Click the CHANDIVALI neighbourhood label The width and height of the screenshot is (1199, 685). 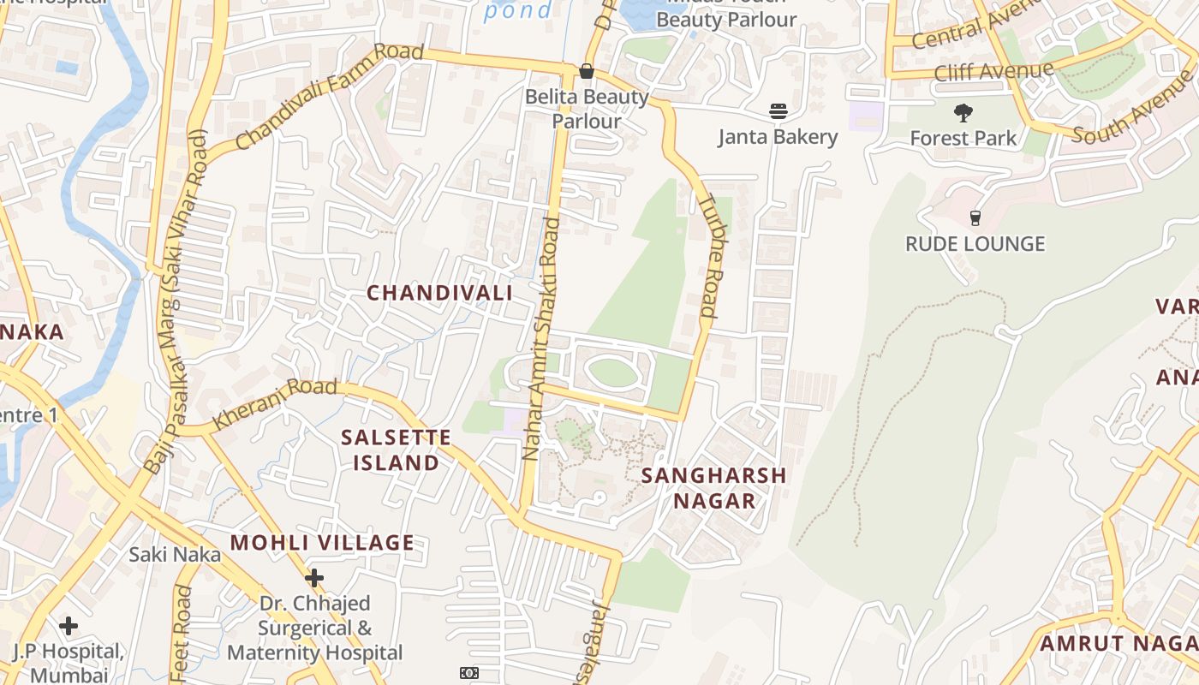pos(439,293)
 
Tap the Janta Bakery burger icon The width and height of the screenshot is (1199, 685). pos(778,110)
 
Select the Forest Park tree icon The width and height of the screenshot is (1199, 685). pos(963,112)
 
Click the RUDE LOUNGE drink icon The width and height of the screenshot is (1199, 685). pos(975,217)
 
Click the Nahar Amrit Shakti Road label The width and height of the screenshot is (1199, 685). pos(541,338)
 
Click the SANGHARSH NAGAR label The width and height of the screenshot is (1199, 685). pos(713,488)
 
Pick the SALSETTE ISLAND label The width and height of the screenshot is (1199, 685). pos(396,450)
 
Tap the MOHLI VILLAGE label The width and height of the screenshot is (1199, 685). pos(322,542)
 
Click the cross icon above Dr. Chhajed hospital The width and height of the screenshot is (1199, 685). pos(314,578)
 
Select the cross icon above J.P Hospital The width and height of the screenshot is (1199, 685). pos(69,626)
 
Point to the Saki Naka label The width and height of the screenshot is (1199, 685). pos(175,554)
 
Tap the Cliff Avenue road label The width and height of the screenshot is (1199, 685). pos(993,71)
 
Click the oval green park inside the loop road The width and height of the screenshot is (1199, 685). pos(612,372)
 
